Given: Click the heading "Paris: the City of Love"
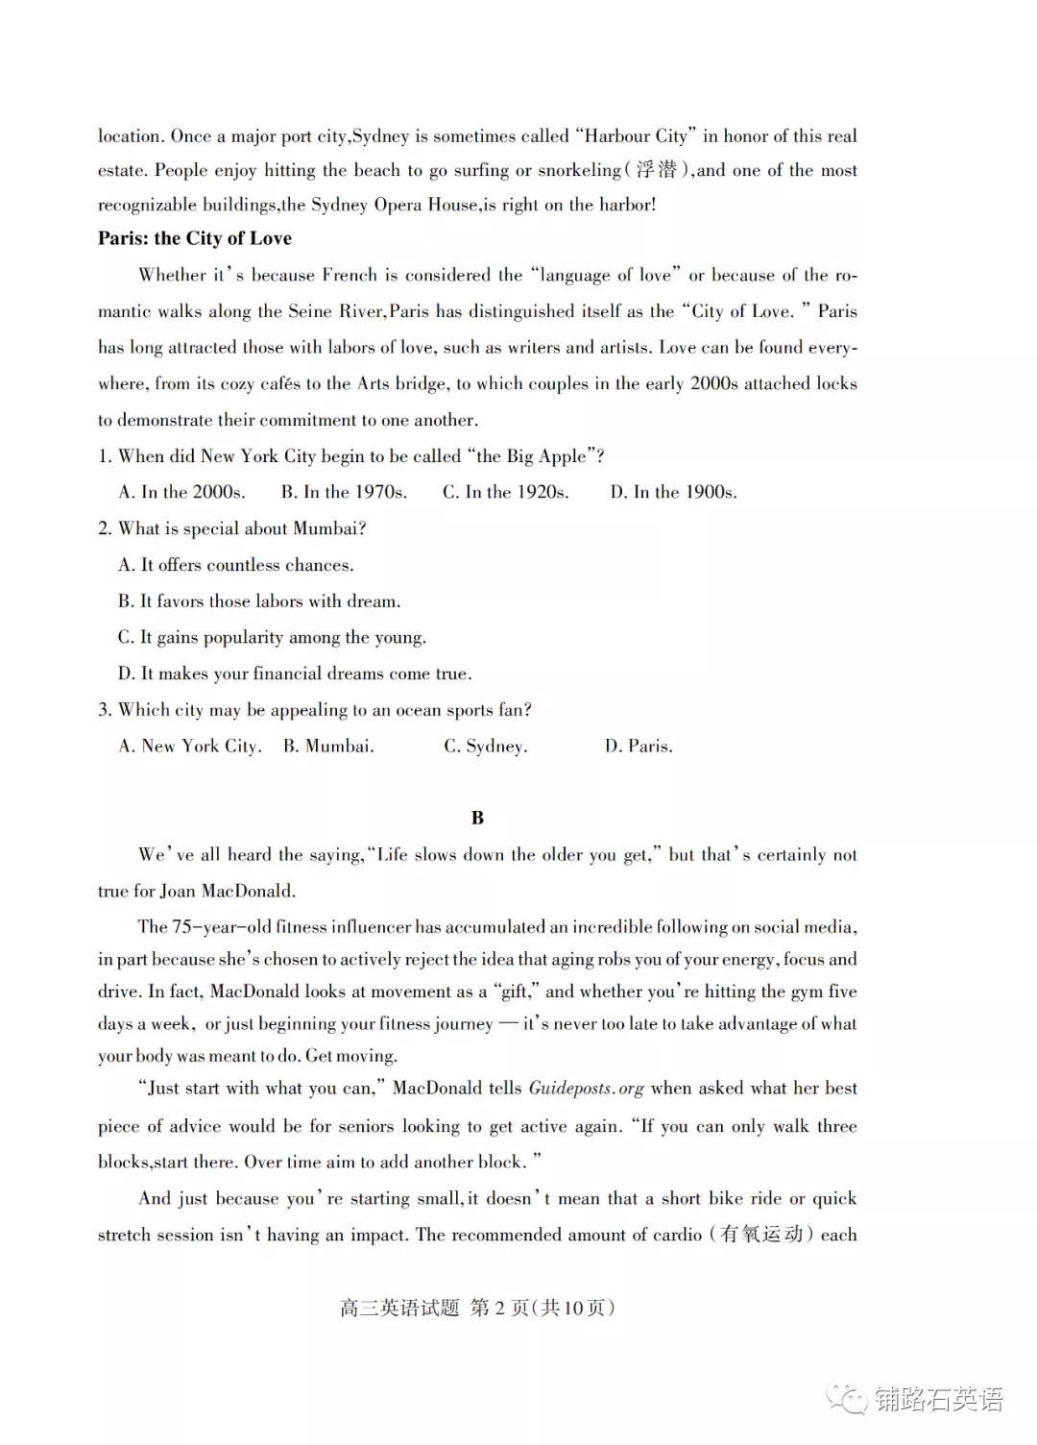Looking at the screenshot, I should [x=195, y=238].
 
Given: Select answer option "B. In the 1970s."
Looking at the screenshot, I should [x=344, y=492].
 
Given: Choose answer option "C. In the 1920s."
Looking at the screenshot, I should [x=505, y=492].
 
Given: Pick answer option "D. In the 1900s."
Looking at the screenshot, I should [x=673, y=492].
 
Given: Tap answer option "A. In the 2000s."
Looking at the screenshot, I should [x=181, y=492].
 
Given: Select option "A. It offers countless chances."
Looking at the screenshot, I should [x=236, y=565].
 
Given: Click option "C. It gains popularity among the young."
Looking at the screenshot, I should [x=272, y=637].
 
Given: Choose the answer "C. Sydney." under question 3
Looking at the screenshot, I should [x=485, y=746].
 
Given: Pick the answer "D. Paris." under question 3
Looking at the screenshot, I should [x=639, y=746].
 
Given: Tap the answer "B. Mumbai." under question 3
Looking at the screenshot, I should [x=328, y=746].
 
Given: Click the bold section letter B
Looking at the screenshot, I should [x=477, y=818].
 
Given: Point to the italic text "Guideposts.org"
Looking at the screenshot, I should [x=586, y=1089].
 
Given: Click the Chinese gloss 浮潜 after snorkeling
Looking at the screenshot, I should [x=658, y=170].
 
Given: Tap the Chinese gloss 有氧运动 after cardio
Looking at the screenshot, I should [x=761, y=1234].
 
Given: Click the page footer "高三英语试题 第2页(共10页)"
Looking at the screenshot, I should [x=477, y=1308].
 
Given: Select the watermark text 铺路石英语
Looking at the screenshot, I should [x=938, y=1399].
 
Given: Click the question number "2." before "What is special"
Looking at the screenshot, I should [x=105, y=528].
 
